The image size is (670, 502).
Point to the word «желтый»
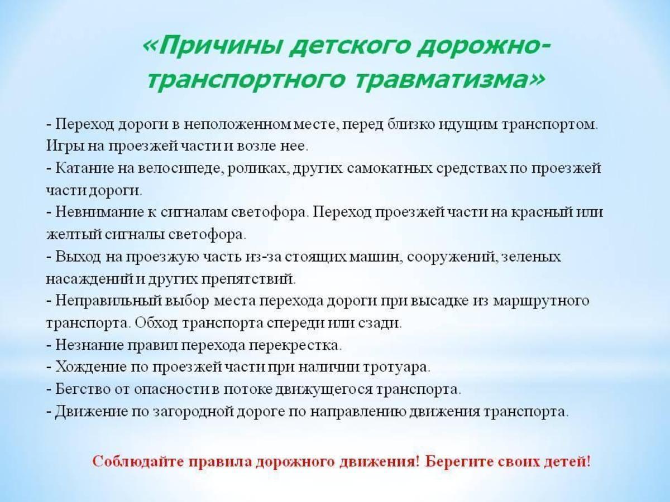(74, 235)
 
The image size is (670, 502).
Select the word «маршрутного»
(541, 301)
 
